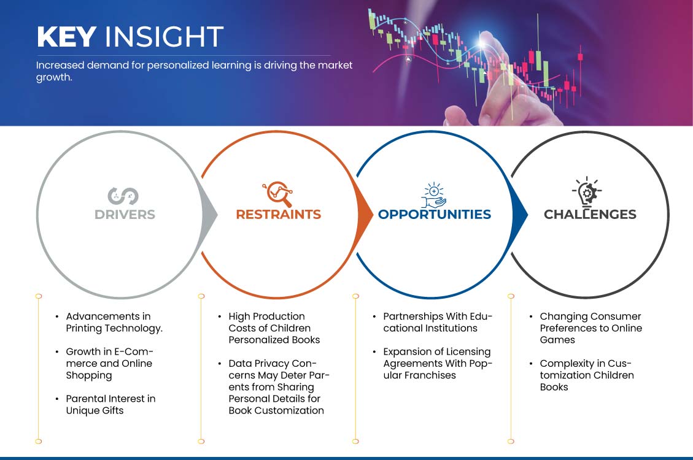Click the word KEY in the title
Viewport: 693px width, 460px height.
pyautogui.click(x=67, y=37)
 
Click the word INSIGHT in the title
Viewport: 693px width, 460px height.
pyautogui.click(x=164, y=37)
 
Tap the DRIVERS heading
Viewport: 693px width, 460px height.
pyautogui.click(x=125, y=215)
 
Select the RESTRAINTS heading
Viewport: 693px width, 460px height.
pyautogui.click(x=279, y=215)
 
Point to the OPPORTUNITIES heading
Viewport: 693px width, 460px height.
pyautogui.click(x=435, y=215)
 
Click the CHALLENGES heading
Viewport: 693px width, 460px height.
pyautogui.click(x=590, y=215)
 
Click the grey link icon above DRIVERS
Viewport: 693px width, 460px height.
pyautogui.click(x=123, y=196)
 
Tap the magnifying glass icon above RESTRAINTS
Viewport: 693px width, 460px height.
pyautogui.click(x=278, y=194)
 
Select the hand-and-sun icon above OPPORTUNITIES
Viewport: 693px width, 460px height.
pyautogui.click(x=433, y=194)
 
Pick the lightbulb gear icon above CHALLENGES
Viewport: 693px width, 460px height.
pyautogui.click(x=586, y=192)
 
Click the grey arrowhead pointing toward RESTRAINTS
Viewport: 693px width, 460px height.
pyautogui.click(x=209, y=215)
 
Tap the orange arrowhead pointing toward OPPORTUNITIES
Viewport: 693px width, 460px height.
pyautogui.click(x=365, y=215)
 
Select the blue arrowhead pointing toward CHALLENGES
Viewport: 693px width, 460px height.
pyautogui.click(x=520, y=215)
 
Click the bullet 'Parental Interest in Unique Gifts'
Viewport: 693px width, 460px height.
pyautogui.click(x=110, y=404)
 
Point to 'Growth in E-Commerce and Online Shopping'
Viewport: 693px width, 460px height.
pyautogui.click(x=110, y=363)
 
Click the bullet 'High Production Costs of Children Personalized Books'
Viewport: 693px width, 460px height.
pyautogui.click(x=274, y=328)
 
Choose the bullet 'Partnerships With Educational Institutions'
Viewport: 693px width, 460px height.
pyautogui.click(x=438, y=322)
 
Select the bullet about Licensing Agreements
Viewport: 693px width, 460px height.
pyautogui.click(x=438, y=363)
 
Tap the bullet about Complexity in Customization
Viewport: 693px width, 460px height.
pyautogui.click(x=587, y=375)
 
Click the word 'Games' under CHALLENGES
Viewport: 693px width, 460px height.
pyautogui.click(x=557, y=340)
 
